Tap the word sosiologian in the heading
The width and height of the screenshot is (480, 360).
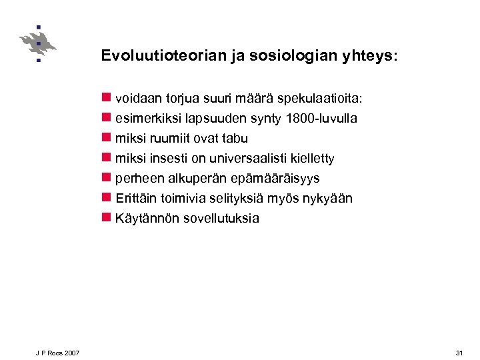291,56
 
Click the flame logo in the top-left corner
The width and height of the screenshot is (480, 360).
37,43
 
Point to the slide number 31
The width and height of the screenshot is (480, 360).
459,353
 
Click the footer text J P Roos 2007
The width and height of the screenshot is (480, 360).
58,353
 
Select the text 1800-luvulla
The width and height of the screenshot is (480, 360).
321,119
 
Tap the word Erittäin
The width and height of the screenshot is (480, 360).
137,199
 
